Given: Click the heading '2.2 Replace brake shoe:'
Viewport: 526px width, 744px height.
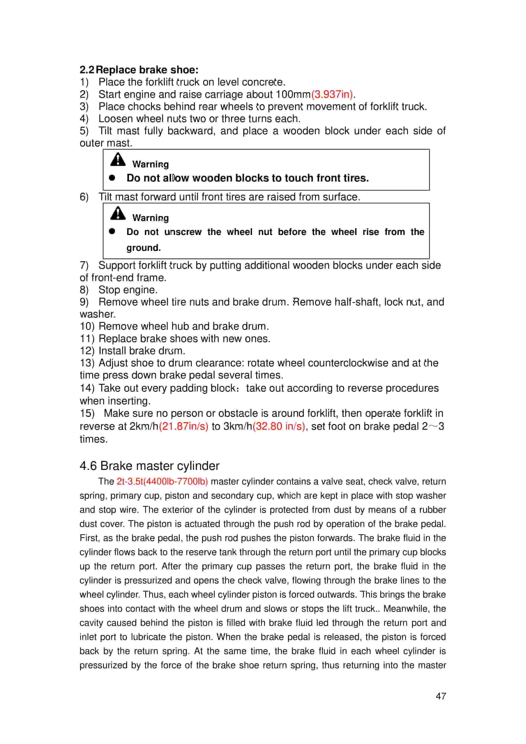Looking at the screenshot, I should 139,70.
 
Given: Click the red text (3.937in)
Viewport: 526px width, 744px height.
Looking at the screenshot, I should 332,94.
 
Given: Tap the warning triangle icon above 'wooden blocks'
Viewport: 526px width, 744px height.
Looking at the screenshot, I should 118,159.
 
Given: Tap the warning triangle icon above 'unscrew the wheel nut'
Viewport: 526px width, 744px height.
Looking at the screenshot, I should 118,213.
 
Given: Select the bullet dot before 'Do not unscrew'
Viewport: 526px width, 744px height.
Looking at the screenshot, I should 112,231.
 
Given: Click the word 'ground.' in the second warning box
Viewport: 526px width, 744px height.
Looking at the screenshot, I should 144,248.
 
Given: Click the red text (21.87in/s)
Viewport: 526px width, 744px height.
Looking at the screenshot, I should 184,426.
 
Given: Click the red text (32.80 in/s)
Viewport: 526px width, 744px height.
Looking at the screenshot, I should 279,426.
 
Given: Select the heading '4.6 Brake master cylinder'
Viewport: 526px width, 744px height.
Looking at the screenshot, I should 149,466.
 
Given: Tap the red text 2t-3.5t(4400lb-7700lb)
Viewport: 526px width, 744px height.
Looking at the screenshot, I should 162,481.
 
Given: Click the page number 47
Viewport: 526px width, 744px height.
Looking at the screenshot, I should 441,696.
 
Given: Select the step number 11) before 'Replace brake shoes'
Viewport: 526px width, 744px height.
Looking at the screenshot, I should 87,339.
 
